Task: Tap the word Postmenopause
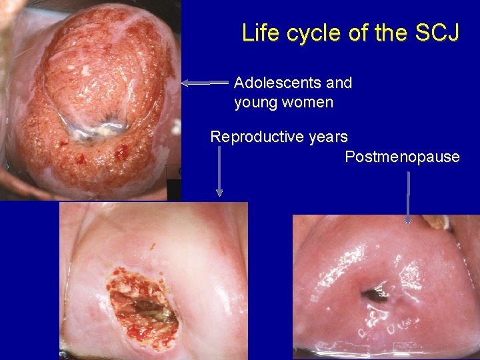(402, 157)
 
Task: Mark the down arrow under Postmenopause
(408, 197)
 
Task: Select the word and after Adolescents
(339, 83)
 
